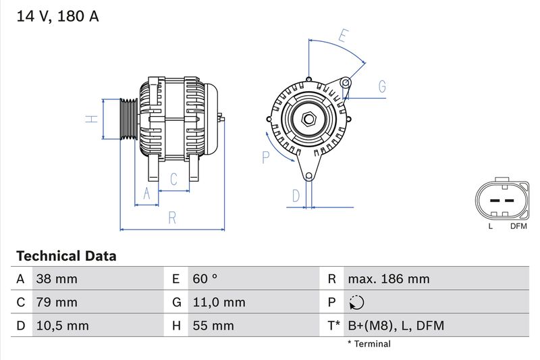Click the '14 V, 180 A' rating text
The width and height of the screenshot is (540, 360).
57,17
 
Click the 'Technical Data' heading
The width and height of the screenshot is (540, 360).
66,256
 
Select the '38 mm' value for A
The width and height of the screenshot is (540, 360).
57,279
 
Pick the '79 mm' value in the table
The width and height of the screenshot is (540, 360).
57,302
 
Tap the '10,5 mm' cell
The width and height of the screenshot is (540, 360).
63,326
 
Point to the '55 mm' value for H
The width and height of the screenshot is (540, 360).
213,326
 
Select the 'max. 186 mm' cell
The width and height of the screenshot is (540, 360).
388,279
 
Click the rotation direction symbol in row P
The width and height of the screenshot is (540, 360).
357,303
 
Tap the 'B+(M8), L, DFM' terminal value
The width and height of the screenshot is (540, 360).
396,326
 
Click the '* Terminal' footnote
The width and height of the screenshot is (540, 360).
369,344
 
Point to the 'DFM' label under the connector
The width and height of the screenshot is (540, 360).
518,226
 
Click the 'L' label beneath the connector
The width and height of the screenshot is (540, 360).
491,226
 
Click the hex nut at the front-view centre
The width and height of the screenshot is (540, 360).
308,119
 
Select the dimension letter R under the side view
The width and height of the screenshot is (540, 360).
172,217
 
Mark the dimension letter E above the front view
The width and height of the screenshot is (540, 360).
344,36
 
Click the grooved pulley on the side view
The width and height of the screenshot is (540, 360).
128,119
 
